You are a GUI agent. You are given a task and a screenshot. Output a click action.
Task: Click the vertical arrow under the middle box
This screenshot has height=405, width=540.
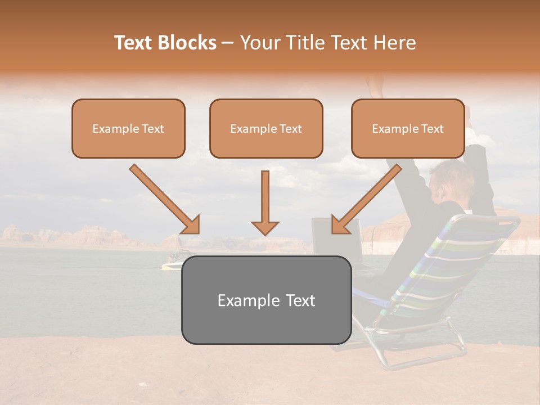click(265, 202)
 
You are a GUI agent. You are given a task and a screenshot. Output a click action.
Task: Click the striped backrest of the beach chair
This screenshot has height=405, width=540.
click(444, 264)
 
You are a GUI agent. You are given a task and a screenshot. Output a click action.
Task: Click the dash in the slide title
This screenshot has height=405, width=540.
click(228, 43)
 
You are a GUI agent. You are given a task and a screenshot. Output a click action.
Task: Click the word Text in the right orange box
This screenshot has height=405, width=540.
click(432, 128)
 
